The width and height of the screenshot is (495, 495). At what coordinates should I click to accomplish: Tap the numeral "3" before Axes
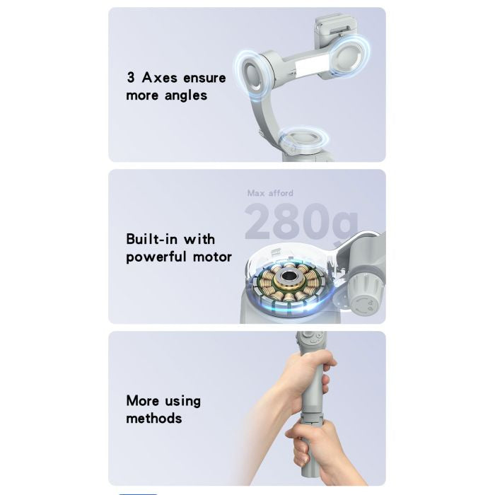[x=131, y=78]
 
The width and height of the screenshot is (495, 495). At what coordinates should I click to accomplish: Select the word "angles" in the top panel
[x=186, y=95]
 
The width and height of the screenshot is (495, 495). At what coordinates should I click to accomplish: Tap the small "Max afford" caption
[x=270, y=193]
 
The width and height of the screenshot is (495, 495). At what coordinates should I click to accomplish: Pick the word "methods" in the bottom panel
[x=154, y=418]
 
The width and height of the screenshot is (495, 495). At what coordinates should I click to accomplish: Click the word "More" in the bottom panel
[x=143, y=400]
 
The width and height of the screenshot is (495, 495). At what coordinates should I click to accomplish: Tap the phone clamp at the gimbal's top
[x=334, y=32]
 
